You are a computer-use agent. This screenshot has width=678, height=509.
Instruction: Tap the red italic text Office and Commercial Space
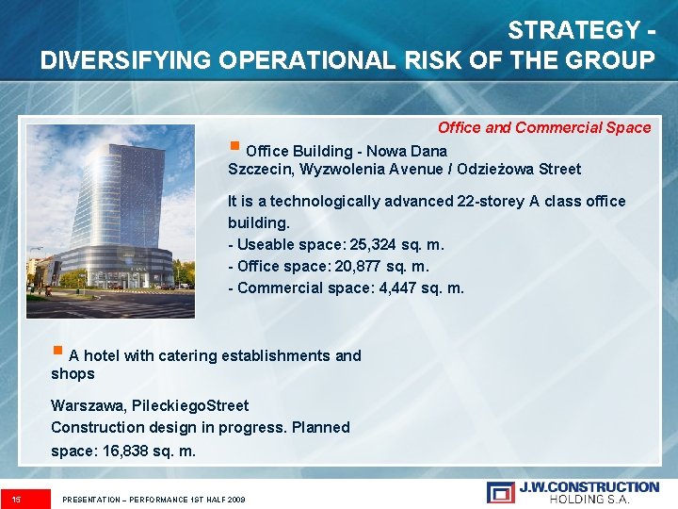point(543,127)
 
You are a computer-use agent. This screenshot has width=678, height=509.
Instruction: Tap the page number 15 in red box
point(17,498)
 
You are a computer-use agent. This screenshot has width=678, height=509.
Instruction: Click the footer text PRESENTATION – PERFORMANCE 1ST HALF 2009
point(153,499)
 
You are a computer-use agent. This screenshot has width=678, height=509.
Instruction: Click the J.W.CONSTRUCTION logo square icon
point(500,492)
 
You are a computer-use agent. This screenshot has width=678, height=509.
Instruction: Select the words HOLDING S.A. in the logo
point(589,499)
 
